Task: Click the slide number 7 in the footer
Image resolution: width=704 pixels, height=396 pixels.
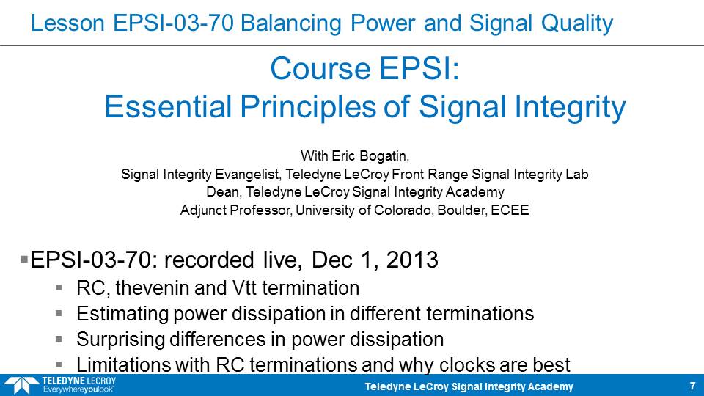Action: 692,386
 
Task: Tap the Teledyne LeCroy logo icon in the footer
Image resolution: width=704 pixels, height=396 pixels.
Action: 21,386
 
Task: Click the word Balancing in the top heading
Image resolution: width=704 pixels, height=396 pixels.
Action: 291,23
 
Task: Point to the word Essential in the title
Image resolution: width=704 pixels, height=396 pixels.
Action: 168,107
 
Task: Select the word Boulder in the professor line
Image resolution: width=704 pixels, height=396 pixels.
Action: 462,210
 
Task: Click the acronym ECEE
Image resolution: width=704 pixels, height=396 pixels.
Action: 510,210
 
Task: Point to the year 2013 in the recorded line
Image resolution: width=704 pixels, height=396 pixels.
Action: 412,260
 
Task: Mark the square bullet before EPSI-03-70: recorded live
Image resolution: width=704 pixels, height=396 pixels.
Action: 24,259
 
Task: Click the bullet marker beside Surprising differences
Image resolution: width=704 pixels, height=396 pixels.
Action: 59,339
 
